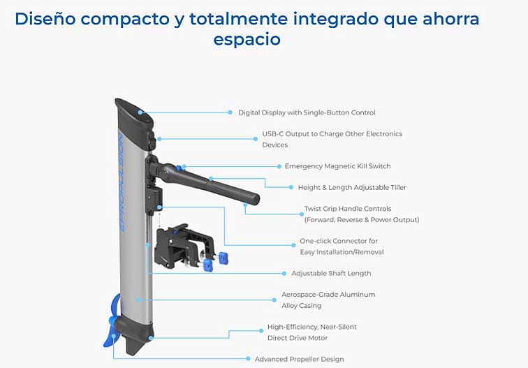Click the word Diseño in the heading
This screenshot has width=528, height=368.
45,19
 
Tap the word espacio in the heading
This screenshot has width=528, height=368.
247,39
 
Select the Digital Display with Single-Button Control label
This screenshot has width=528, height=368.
307,112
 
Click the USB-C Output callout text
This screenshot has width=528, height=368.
332,139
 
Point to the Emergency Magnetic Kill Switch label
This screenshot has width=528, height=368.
338,166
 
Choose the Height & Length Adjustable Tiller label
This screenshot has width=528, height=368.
352,187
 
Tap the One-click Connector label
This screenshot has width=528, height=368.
342,246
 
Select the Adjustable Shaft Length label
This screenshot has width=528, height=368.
331,273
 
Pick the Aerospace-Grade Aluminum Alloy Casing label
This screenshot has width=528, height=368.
328,300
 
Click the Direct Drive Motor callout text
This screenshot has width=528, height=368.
311,332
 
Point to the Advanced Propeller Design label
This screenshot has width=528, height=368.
300,359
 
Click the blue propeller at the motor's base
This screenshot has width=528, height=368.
113,322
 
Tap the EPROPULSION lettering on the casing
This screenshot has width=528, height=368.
122,183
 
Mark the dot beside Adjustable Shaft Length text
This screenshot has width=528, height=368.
284,274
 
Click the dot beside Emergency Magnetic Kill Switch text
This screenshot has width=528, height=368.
279,166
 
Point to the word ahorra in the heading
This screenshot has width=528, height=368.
451,19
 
